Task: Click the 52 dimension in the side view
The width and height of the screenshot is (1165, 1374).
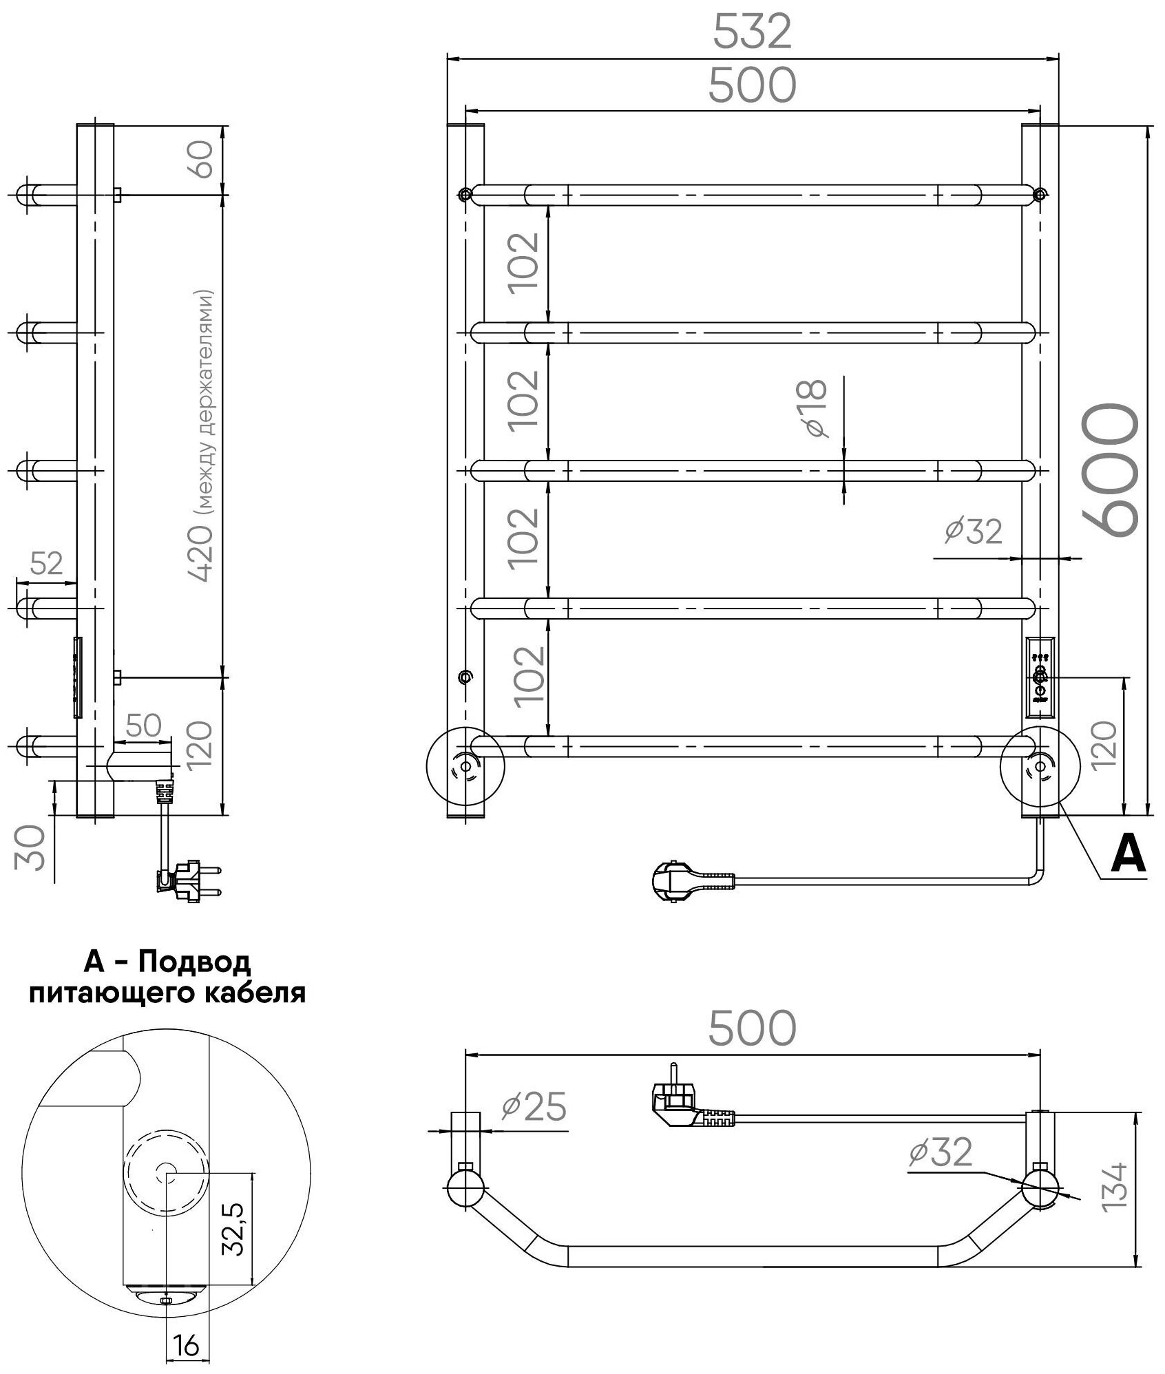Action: pos(47,564)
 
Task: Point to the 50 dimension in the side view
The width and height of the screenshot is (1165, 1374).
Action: pos(144,725)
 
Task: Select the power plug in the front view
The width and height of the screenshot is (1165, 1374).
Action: pos(693,881)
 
